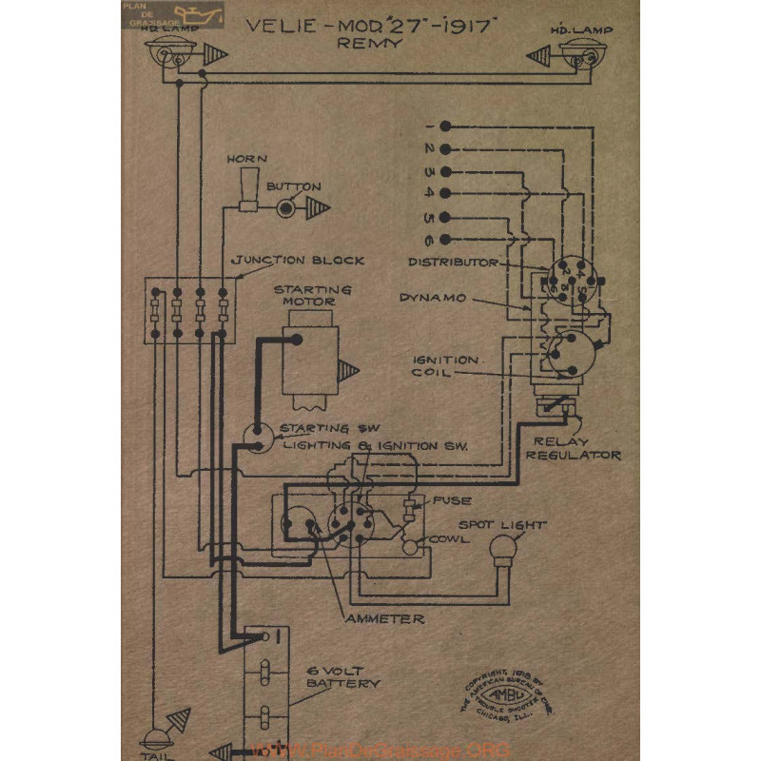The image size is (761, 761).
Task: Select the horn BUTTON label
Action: click(x=294, y=186)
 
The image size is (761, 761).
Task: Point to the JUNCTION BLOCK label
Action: click(x=299, y=260)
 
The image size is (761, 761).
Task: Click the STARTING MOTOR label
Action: click(x=305, y=295)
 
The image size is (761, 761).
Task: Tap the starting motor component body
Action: click(x=309, y=360)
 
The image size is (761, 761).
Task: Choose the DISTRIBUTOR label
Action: click(x=453, y=261)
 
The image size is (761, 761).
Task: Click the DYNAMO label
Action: click(x=432, y=298)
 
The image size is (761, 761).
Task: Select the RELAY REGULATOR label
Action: click(x=576, y=448)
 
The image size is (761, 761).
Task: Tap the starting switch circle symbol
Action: click(x=255, y=435)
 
